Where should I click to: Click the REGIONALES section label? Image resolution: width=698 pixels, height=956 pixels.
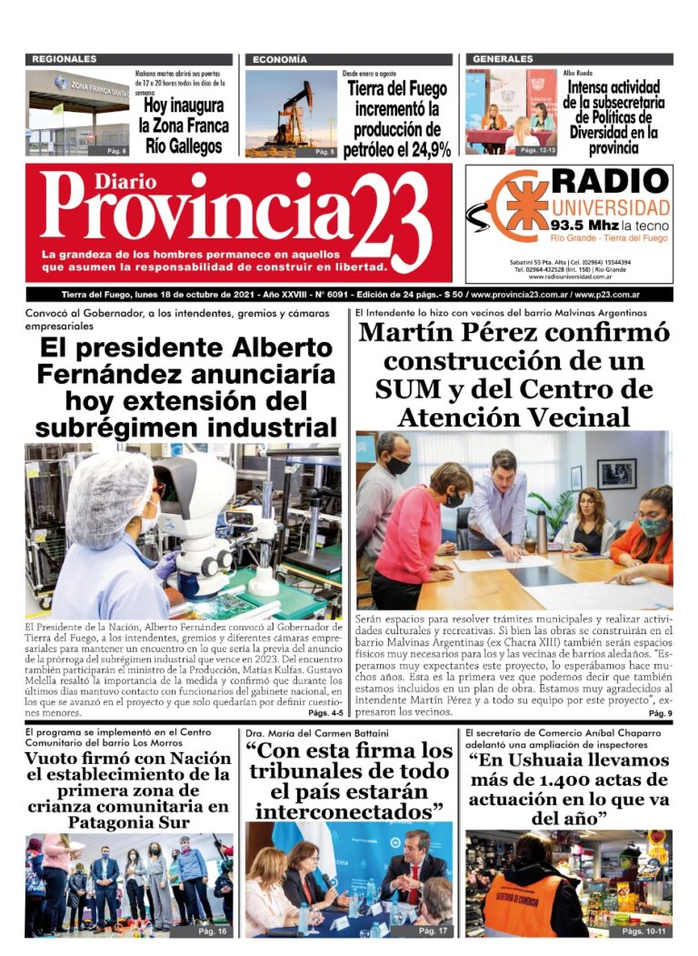click(65, 59)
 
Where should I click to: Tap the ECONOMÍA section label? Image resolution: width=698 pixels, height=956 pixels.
click(280, 59)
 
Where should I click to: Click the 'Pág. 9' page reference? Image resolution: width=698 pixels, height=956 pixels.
click(660, 714)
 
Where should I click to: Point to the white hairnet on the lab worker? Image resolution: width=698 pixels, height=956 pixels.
click(108, 499)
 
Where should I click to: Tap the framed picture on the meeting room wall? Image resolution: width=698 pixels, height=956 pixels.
click(616, 473)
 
